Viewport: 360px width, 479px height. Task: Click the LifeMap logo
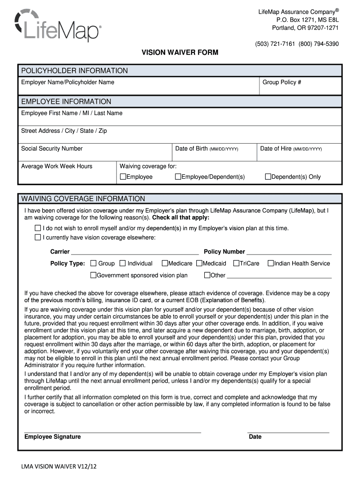pyautogui.click(x=58, y=26)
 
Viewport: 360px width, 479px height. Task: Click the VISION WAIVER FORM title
pyautogui.click(x=180, y=52)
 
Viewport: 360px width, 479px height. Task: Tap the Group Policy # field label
pyautogui.click(x=281, y=82)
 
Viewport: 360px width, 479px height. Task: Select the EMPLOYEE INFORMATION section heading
pyautogui.click(x=66, y=102)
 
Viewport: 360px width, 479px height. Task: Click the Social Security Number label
pyautogui.click(x=52, y=149)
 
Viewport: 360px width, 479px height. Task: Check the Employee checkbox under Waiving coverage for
pyautogui.click(x=123, y=177)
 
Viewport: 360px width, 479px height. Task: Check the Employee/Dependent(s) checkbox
pyautogui.click(x=178, y=177)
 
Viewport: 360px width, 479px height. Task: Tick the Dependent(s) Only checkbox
pyautogui.click(x=268, y=177)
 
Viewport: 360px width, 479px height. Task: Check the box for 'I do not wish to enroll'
pyautogui.click(x=38, y=228)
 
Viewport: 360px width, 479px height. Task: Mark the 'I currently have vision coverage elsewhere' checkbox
pyautogui.click(x=38, y=238)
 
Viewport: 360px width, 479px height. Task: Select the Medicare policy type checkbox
pyautogui.click(x=165, y=263)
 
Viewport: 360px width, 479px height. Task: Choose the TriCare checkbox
pyautogui.click(x=236, y=263)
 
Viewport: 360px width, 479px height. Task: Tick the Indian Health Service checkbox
pyautogui.click(x=270, y=263)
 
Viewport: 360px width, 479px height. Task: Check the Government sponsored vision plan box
pyautogui.click(x=93, y=276)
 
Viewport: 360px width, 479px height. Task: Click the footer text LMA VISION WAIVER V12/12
pyautogui.click(x=58, y=467)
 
